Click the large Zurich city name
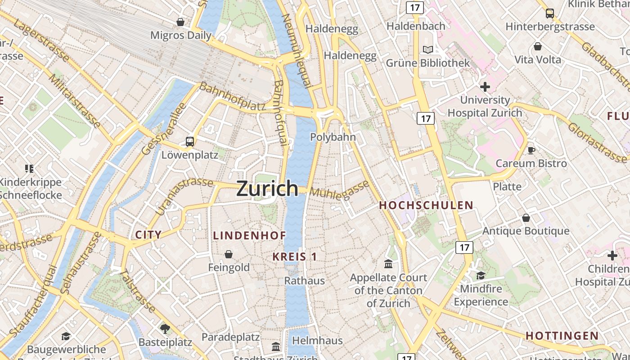tap(267, 188)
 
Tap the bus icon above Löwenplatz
tap(190, 142)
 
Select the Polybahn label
tap(333, 137)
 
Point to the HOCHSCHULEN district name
tap(426, 206)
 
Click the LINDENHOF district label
tap(249, 235)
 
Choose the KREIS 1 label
tap(295, 257)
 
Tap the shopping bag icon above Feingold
tap(229, 254)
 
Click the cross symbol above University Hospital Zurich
tap(485, 86)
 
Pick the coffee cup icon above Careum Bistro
tap(531, 150)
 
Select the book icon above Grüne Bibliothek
tap(427, 49)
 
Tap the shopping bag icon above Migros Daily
tap(180, 22)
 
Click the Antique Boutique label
tap(526, 231)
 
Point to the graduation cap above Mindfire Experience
tap(481, 275)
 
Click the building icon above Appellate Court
tap(388, 264)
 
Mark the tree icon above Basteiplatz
tap(165, 328)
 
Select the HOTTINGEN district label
tap(562, 336)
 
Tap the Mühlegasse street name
tap(340, 190)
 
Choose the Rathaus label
tap(304, 281)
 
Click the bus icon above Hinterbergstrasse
tap(550, 13)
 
